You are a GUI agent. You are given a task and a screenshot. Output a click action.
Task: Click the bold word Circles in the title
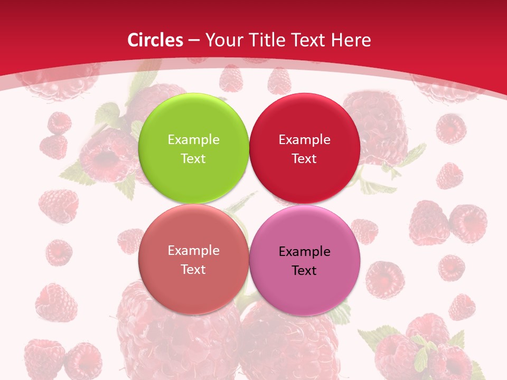coord(155,40)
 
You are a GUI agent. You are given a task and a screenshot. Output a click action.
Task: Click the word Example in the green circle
coord(193,140)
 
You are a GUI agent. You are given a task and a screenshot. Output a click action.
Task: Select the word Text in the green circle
coord(193,159)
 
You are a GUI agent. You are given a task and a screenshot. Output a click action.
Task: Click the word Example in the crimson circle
coord(304,140)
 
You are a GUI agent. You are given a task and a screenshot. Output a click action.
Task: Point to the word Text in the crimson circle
coord(304,159)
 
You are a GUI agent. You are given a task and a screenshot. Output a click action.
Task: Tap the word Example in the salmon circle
coord(193,251)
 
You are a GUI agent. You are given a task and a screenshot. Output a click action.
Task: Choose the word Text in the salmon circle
coord(193,270)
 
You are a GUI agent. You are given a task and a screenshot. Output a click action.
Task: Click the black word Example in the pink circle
coord(304,252)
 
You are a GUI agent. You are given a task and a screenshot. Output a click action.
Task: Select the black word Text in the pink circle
coord(304,271)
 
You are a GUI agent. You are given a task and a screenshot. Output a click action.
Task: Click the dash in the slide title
coord(194,41)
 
